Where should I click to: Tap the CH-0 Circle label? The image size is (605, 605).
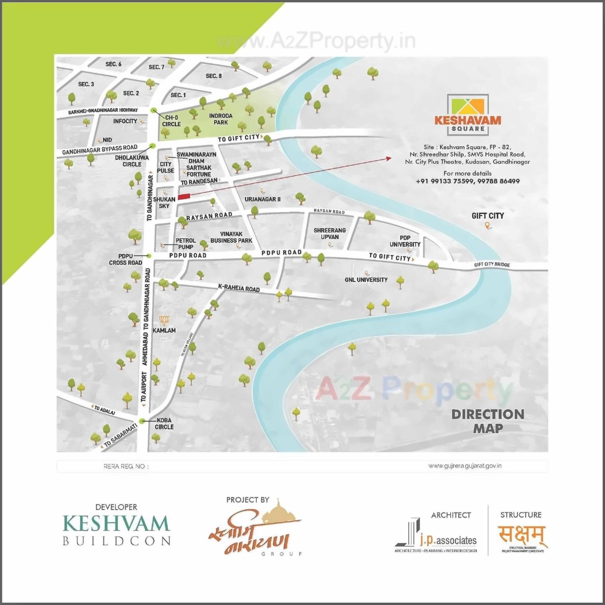coord(172,121)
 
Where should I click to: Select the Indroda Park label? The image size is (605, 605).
coord(221,119)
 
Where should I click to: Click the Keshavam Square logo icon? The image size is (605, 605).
coord(468,109)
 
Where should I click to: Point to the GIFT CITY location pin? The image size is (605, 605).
coord(487,226)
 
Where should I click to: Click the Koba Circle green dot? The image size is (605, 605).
coord(142,421)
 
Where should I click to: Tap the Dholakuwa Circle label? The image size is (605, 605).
coord(132,161)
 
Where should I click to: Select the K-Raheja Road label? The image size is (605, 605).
coord(239,288)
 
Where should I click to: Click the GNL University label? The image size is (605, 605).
coord(366,280)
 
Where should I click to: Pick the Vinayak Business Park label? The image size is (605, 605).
coord(231,237)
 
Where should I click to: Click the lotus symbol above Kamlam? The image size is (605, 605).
coord(164,320)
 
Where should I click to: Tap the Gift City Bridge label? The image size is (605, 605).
coord(492,265)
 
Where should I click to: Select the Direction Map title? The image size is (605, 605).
coord(488,421)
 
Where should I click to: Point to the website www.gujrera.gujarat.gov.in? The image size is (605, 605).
coord(464,466)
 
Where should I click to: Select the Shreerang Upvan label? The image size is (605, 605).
coord(330,233)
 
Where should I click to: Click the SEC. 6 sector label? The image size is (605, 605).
coord(113,64)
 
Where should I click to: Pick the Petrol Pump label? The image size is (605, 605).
coord(185,243)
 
